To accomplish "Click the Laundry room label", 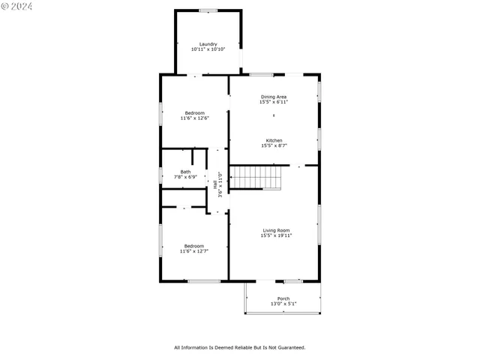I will (208, 43).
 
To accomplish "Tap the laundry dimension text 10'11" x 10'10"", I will (208, 49).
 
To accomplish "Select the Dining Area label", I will (273, 97).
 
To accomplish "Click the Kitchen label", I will (274, 140).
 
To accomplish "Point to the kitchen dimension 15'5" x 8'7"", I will (274, 145).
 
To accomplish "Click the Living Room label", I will (276, 230).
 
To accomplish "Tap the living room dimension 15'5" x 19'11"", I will (276, 235).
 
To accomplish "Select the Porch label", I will (283, 298).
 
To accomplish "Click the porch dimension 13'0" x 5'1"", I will (283, 304).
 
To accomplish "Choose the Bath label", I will (184, 172).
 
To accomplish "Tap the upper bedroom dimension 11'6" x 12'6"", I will (194, 118).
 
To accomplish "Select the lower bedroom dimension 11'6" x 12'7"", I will (194, 251).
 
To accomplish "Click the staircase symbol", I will (256, 178).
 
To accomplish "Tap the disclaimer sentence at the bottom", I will (240, 347).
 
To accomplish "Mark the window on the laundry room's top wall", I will (208, 10).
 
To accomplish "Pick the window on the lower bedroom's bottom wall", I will (203, 281).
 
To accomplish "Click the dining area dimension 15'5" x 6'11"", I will (273, 102).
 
